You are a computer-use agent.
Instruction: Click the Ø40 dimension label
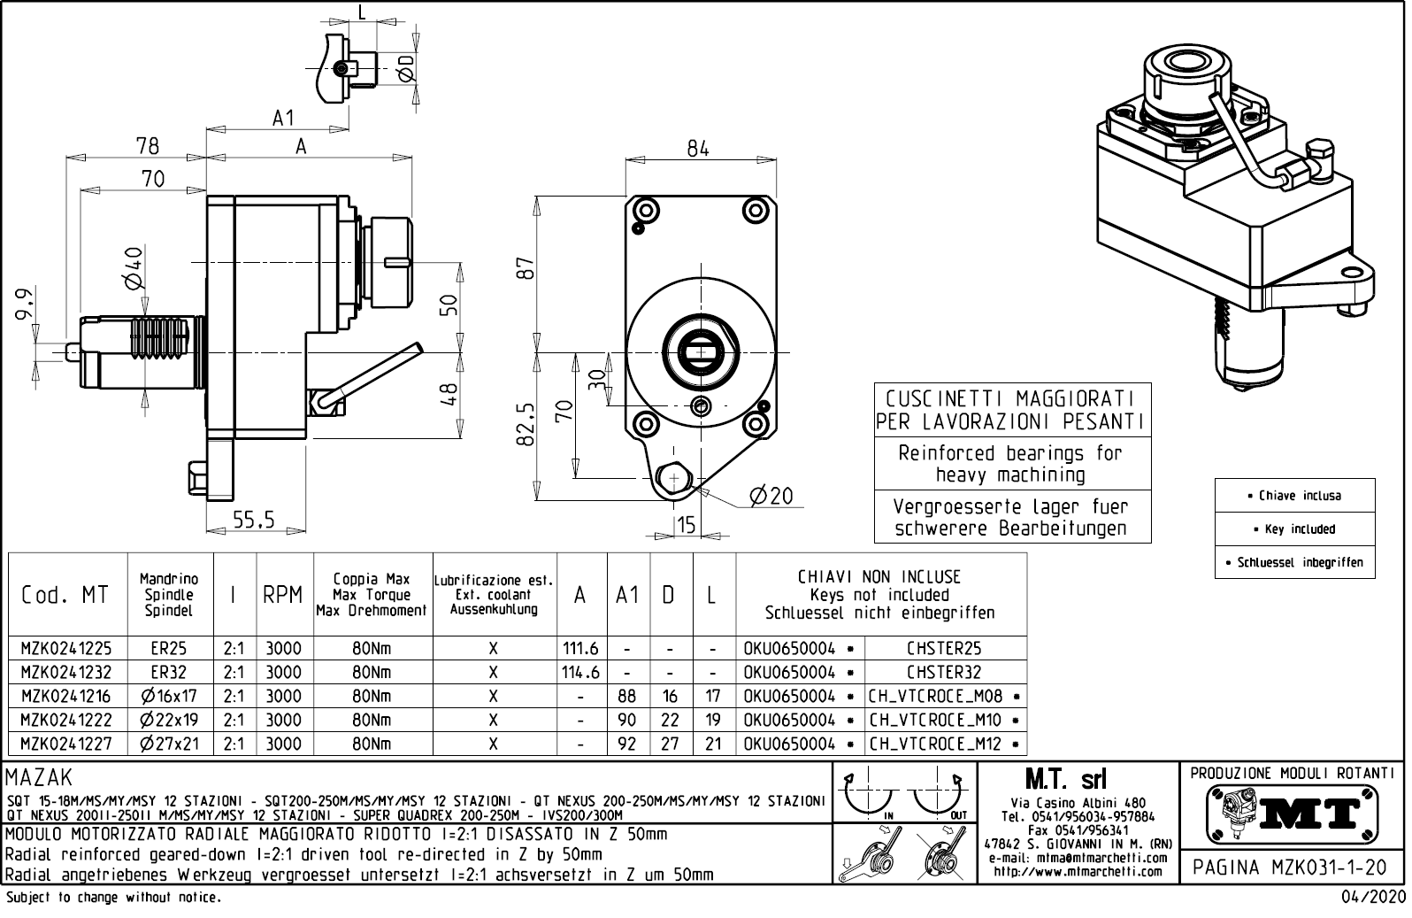click(x=134, y=267)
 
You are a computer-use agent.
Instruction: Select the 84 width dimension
click(x=698, y=149)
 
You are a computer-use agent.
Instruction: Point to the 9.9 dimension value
click(x=25, y=305)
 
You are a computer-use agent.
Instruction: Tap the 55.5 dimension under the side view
click(x=254, y=520)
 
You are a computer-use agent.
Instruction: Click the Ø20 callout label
click(x=771, y=497)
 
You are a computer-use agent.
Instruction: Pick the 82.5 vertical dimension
click(x=526, y=424)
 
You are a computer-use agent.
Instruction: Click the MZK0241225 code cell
click(x=66, y=648)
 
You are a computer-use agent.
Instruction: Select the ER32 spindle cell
click(x=169, y=672)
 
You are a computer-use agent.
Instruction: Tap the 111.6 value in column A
click(x=580, y=648)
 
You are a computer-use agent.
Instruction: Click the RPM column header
click(x=283, y=595)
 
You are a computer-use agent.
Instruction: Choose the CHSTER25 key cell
click(x=944, y=648)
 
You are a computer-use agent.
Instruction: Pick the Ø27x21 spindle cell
click(x=169, y=744)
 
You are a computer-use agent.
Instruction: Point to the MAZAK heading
click(x=40, y=777)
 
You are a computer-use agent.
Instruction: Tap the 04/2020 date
click(x=1373, y=898)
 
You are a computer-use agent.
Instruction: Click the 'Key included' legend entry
click(x=1294, y=528)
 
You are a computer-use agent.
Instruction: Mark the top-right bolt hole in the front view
click(x=755, y=210)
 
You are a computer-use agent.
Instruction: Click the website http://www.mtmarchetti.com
click(x=1078, y=872)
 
